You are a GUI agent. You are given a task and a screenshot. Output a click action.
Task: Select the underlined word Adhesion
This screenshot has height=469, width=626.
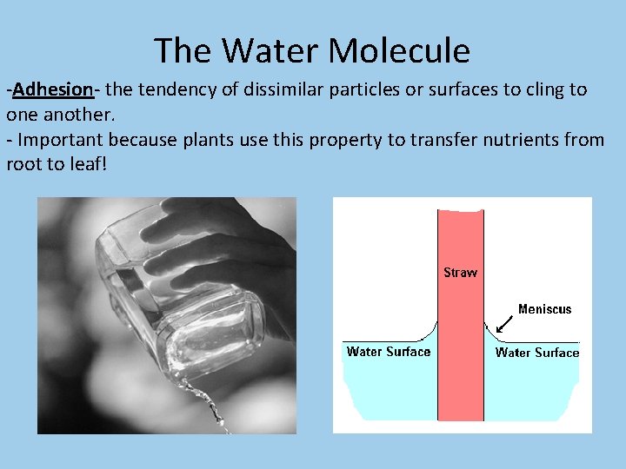pyautogui.click(x=53, y=89)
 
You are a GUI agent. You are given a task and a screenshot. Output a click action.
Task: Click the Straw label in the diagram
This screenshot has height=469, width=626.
pyautogui.click(x=460, y=273)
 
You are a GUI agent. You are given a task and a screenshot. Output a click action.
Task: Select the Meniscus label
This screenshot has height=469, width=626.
pyautogui.click(x=544, y=309)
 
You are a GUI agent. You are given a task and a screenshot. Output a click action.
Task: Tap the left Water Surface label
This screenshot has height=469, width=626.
pyautogui.click(x=388, y=352)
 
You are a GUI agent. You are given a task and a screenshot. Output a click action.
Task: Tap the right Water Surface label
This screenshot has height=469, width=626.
pyautogui.click(x=536, y=353)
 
